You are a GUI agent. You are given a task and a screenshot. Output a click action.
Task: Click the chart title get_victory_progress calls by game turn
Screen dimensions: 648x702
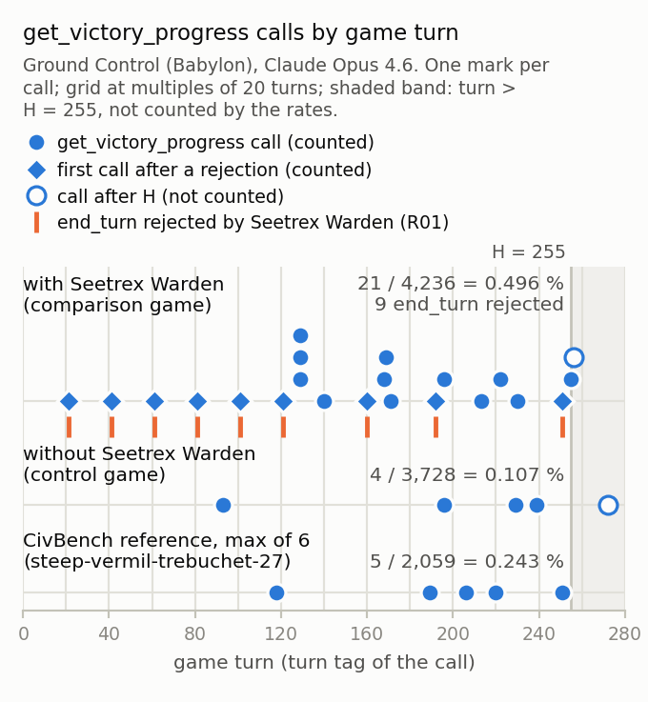[x=240, y=33]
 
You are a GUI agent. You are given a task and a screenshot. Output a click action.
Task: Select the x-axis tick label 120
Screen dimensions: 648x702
[x=281, y=634]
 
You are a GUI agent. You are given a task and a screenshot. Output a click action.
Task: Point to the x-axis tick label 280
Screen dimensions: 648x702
[x=624, y=634]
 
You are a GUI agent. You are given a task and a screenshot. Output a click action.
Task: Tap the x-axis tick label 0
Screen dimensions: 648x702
[x=23, y=634]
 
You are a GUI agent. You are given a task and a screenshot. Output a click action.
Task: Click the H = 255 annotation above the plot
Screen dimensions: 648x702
[x=529, y=252]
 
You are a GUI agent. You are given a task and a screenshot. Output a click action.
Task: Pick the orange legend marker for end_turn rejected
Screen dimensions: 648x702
[x=37, y=223]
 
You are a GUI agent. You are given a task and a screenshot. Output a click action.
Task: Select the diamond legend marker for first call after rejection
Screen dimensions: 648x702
[x=37, y=170]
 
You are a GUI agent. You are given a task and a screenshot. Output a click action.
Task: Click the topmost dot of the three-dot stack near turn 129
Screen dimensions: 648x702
[x=300, y=336]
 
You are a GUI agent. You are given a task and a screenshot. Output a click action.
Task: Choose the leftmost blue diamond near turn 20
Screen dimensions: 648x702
[x=69, y=402]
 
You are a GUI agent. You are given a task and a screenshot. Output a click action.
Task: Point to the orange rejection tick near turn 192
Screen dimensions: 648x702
[x=435, y=427]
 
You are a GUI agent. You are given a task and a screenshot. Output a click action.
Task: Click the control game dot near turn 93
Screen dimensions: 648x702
[x=223, y=506]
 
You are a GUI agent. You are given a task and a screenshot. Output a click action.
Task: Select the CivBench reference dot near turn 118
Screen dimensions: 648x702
[x=276, y=592]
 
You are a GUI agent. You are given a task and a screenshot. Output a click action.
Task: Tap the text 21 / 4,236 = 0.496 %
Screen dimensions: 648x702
[x=460, y=284]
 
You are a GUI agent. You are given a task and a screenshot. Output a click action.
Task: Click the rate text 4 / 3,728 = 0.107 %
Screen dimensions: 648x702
[x=467, y=474]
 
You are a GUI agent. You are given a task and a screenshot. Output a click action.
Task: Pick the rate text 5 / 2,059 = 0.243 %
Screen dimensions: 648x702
[x=467, y=561]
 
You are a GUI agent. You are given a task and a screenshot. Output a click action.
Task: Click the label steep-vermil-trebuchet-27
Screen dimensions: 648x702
[x=156, y=561]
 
